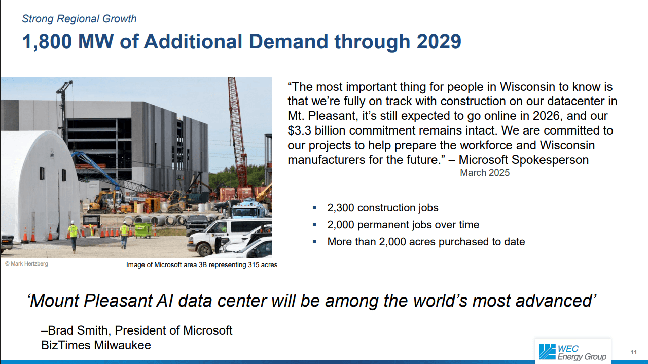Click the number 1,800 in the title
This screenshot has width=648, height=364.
pos(47,42)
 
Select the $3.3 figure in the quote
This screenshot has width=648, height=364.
pos(300,130)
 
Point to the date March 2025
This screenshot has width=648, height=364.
pos(485,173)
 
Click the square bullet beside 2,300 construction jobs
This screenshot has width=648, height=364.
pos(315,207)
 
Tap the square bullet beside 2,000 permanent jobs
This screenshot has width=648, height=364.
pos(315,224)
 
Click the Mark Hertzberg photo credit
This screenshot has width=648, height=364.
pos(26,264)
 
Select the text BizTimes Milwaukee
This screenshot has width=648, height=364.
pos(96,345)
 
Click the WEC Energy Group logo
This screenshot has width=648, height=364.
pos(573,352)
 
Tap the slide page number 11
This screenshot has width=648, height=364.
pos(633,352)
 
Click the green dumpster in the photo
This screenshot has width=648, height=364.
pos(143,230)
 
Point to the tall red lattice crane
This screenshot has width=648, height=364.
pos(238,133)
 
